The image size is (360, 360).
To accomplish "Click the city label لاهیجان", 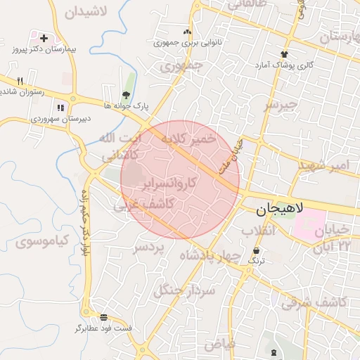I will pyautogui.click(x=278, y=209).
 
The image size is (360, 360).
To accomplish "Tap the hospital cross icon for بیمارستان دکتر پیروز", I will pyautogui.click(x=44, y=37).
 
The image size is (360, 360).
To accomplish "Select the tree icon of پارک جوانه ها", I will pyautogui.click(x=126, y=94).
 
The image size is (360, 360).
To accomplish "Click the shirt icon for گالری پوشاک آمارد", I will pyautogui.click(x=284, y=53).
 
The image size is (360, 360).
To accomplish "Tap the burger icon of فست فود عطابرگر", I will pyautogui.click(x=104, y=317).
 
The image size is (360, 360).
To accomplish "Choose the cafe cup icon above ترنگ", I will pyautogui.click(x=256, y=250).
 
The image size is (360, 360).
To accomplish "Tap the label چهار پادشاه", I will pyautogui.click(x=210, y=255).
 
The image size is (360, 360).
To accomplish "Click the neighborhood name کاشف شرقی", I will pyautogui.click(x=314, y=301).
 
